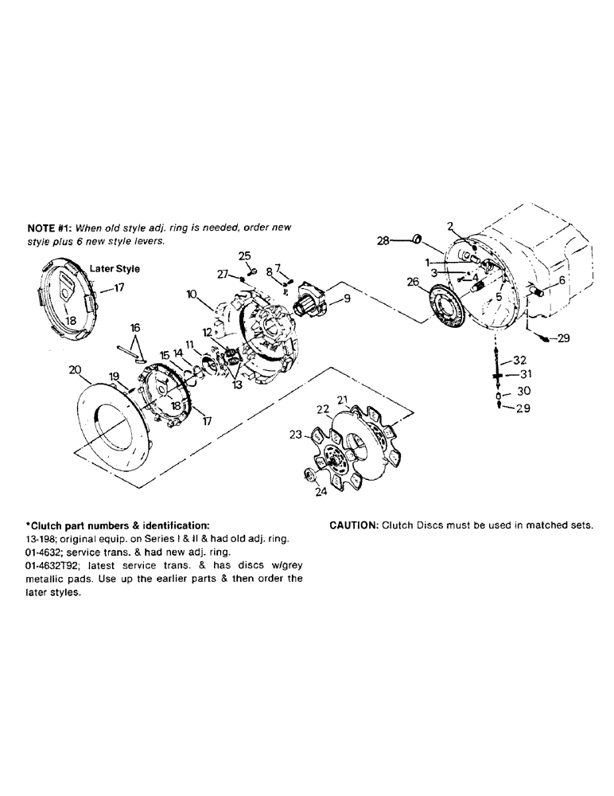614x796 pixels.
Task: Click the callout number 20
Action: tap(75, 369)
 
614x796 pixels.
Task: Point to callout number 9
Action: tap(346, 300)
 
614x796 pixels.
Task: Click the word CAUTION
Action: tap(353, 525)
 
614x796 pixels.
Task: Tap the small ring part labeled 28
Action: tap(417, 239)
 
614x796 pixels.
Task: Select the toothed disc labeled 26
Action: tap(449, 310)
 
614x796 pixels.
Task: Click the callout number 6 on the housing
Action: tap(562, 280)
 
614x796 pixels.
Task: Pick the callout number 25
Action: tap(245, 255)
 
